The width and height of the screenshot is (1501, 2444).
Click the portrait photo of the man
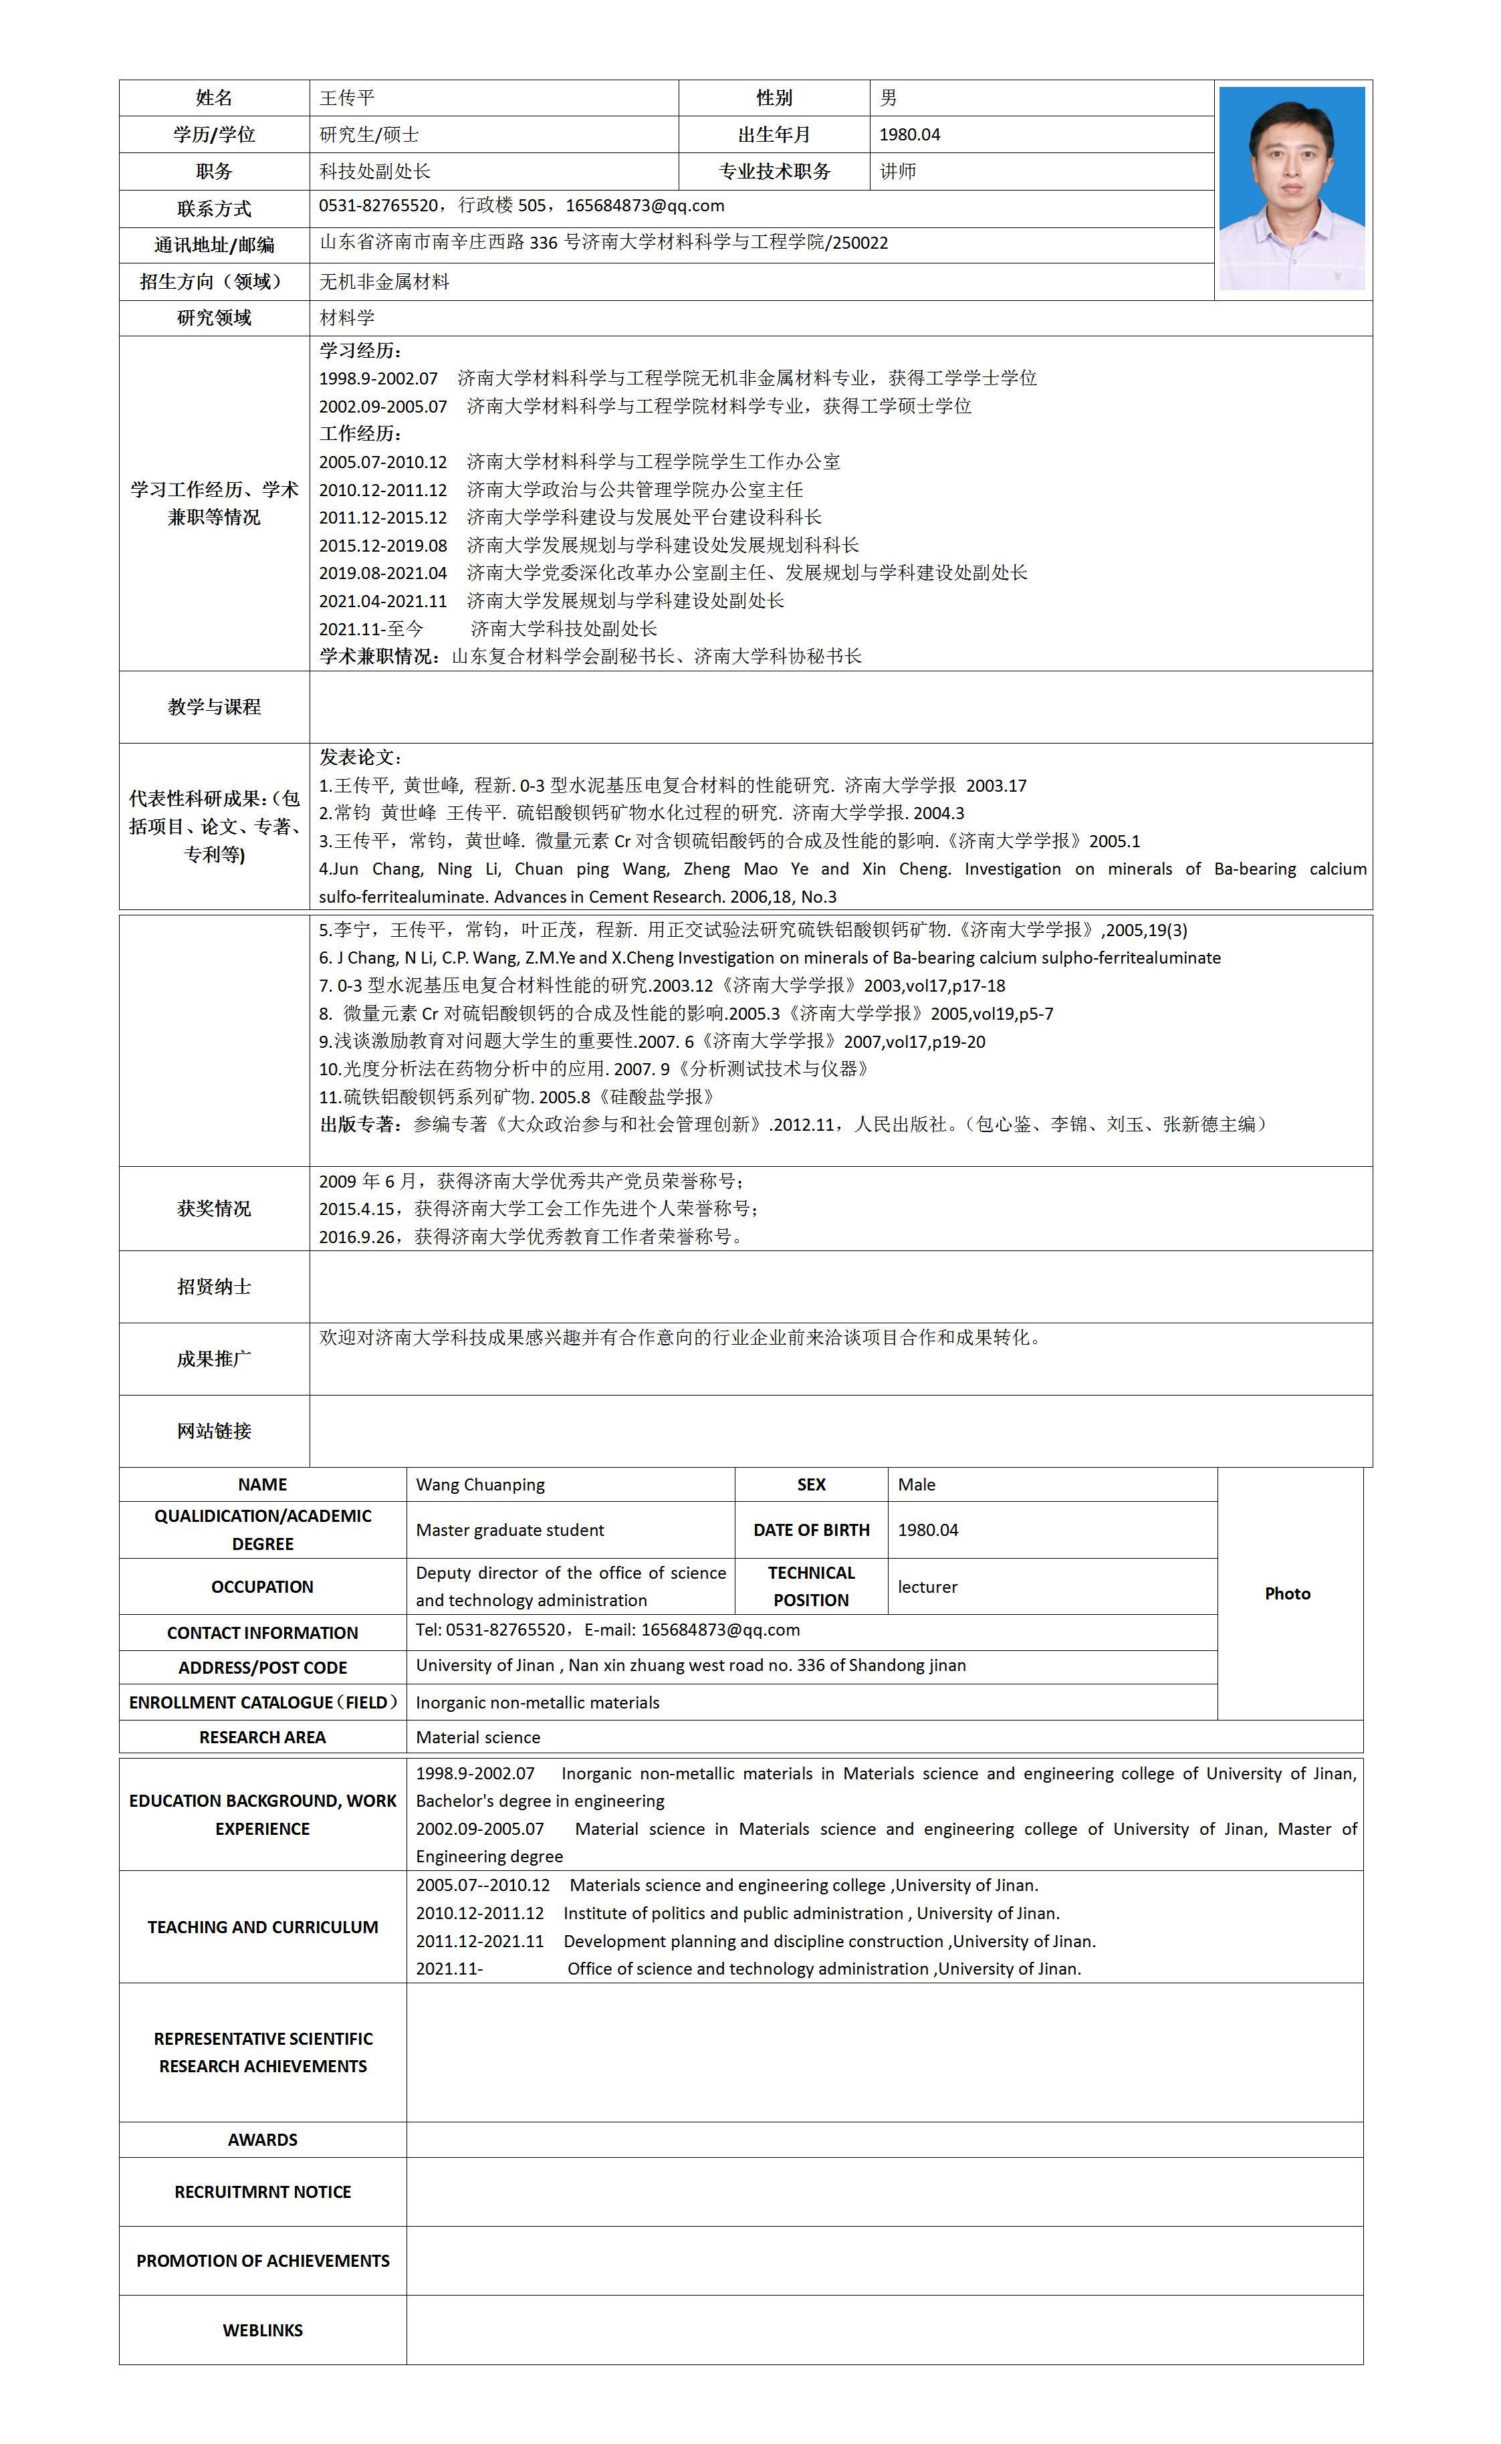click(x=1292, y=188)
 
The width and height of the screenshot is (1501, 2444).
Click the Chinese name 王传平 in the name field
click(x=346, y=97)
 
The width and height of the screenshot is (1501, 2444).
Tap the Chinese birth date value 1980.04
click(x=909, y=135)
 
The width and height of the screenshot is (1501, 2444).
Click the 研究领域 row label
click(x=215, y=318)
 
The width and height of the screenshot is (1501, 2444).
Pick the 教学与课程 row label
click(x=215, y=707)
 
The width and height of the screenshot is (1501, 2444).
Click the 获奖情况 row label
click(x=215, y=1208)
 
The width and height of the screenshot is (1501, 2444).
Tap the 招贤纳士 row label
click(x=215, y=1287)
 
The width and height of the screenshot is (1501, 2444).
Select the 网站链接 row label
click(x=215, y=1430)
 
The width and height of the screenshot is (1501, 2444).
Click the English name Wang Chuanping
click(x=481, y=1484)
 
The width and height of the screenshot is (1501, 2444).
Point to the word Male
click(x=916, y=1484)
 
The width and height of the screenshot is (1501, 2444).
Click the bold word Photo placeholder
click(x=1288, y=1593)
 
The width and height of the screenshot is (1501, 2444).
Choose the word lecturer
click(x=927, y=1586)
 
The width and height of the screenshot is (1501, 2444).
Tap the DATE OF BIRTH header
click(x=811, y=1530)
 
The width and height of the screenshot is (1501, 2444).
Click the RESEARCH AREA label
click(x=262, y=1737)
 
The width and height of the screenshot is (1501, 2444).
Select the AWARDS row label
click(x=262, y=2139)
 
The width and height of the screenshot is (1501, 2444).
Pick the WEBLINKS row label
click(x=262, y=2330)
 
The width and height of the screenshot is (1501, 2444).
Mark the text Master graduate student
click(x=509, y=1530)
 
